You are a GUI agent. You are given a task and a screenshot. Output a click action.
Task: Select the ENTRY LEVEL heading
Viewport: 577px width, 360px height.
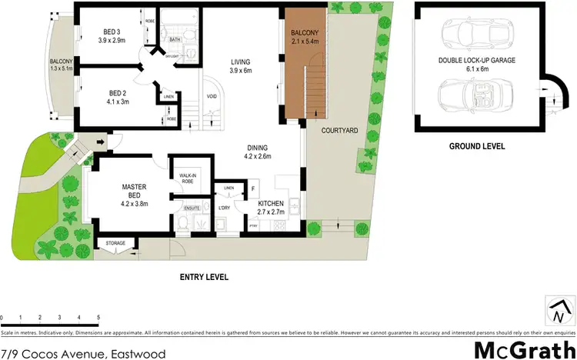(x=203, y=276)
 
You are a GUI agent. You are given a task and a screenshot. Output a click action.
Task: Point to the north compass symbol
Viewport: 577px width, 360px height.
(x=559, y=311)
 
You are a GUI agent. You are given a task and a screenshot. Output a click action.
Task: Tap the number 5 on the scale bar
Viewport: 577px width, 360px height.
(x=98, y=317)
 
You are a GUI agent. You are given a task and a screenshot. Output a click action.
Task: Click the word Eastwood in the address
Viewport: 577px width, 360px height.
(x=136, y=354)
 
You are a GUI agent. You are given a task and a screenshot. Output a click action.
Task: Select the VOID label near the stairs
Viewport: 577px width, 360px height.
(x=212, y=96)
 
